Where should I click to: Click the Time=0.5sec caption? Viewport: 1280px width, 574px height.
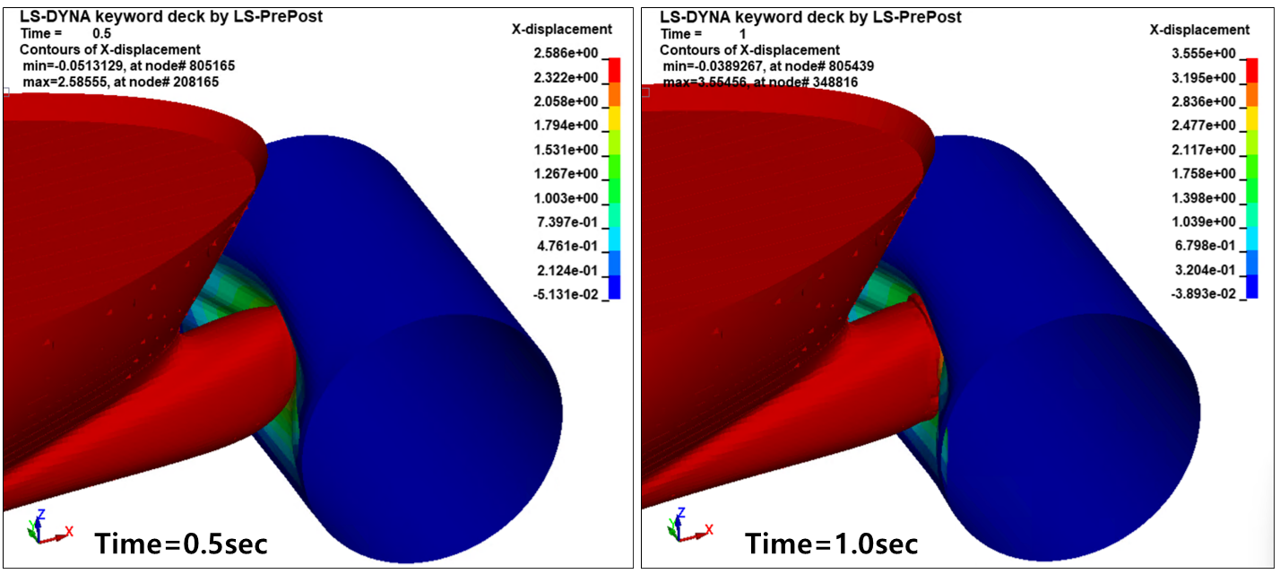coord(181,543)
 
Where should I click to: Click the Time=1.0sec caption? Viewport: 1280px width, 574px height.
coord(831,543)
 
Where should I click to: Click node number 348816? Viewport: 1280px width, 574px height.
coord(839,82)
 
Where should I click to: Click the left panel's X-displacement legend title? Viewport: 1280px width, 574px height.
coord(561,30)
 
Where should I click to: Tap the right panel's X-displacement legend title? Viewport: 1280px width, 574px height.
coord(1199,30)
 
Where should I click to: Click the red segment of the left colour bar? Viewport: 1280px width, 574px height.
coord(614,69)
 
